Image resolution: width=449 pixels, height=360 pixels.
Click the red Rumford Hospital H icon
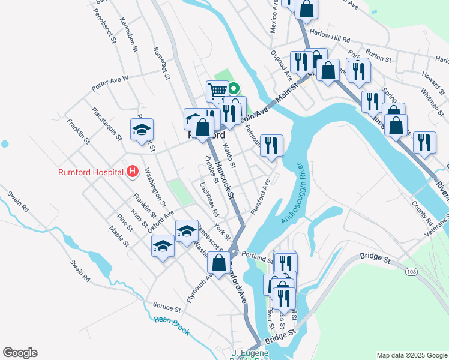coord(133,173)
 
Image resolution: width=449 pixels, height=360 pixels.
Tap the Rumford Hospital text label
coord(92,173)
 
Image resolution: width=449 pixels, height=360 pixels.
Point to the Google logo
coord(20,353)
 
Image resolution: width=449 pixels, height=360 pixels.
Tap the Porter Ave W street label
coord(110,83)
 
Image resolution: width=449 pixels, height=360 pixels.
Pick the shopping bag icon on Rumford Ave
coord(219,262)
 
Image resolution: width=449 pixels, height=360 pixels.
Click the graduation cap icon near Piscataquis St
coord(142,129)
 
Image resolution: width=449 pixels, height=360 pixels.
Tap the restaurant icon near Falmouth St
coord(271,145)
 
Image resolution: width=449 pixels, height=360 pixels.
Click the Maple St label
coord(119,236)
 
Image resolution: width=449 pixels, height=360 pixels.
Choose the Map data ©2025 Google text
coord(411,355)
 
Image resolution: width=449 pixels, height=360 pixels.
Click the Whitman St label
coord(432,97)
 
